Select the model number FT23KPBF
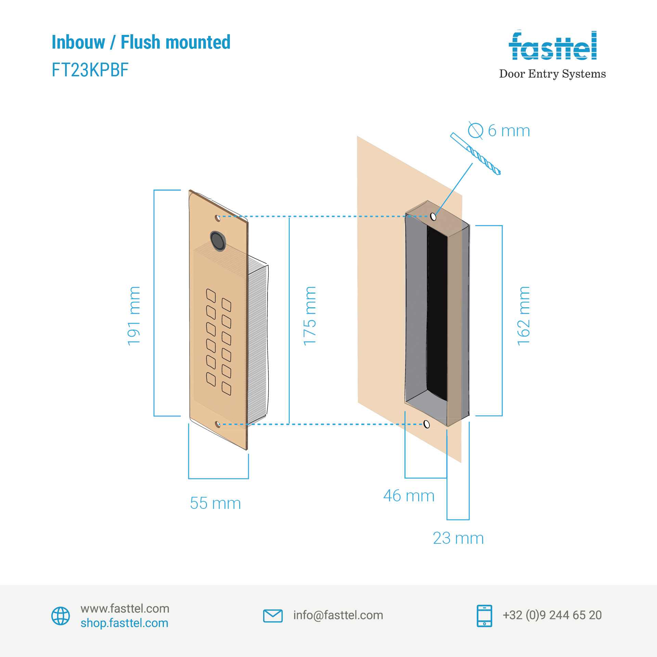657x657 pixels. click(x=90, y=70)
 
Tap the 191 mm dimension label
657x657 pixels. click(x=134, y=316)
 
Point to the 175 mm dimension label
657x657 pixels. click(x=310, y=316)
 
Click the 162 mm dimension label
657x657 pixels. click(x=524, y=316)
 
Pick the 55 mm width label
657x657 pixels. click(x=215, y=503)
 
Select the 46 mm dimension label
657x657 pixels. click(x=409, y=496)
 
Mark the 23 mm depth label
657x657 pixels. click(x=458, y=538)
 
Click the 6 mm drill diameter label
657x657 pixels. click(x=509, y=131)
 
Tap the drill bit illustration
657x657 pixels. click(x=476, y=154)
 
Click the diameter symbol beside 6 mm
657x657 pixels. click(x=475, y=130)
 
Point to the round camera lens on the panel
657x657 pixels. click(x=218, y=241)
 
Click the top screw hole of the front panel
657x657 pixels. click(x=217, y=218)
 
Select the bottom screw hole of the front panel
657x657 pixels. click(x=218, y=424)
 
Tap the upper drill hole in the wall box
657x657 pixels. click(x=433, y=217)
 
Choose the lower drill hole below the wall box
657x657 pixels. click(x=426, y=424)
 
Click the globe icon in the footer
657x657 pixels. click(x=61, y=616)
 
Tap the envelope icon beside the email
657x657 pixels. click(x=273, y=616)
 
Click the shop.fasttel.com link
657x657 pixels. click(x=124, y=623)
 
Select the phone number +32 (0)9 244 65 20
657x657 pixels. click(x=552, y=615)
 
